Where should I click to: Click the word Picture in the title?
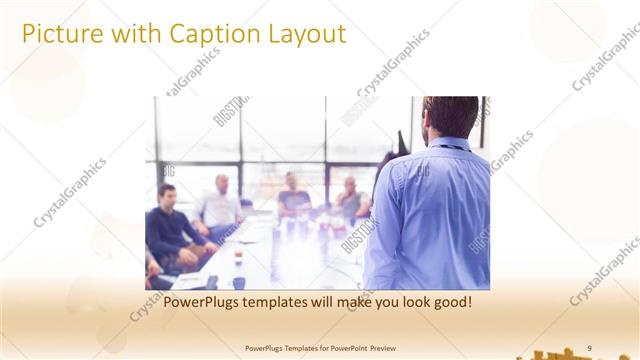[x=57, y=34]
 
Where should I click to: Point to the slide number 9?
[x=589, y=347]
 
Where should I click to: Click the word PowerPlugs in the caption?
[x=203, y=300]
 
